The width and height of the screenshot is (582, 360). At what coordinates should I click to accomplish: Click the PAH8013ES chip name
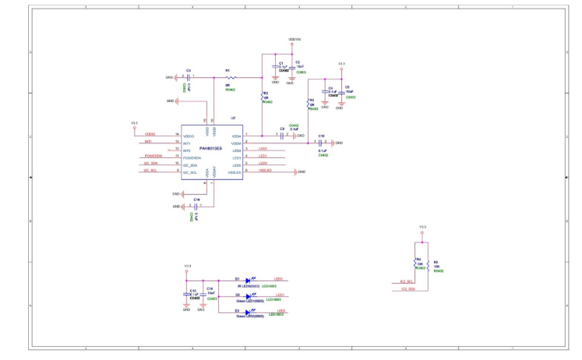click(210, 147)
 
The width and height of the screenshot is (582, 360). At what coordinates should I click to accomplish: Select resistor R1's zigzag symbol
click(230, 77)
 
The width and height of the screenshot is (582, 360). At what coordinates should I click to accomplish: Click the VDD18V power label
click(294, 38)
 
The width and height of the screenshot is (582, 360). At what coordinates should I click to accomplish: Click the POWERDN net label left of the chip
click(153, 157)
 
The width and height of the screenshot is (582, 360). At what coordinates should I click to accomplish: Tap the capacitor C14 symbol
click(196, 206)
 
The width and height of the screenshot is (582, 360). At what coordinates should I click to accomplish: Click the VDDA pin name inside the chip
click(236, 136)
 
